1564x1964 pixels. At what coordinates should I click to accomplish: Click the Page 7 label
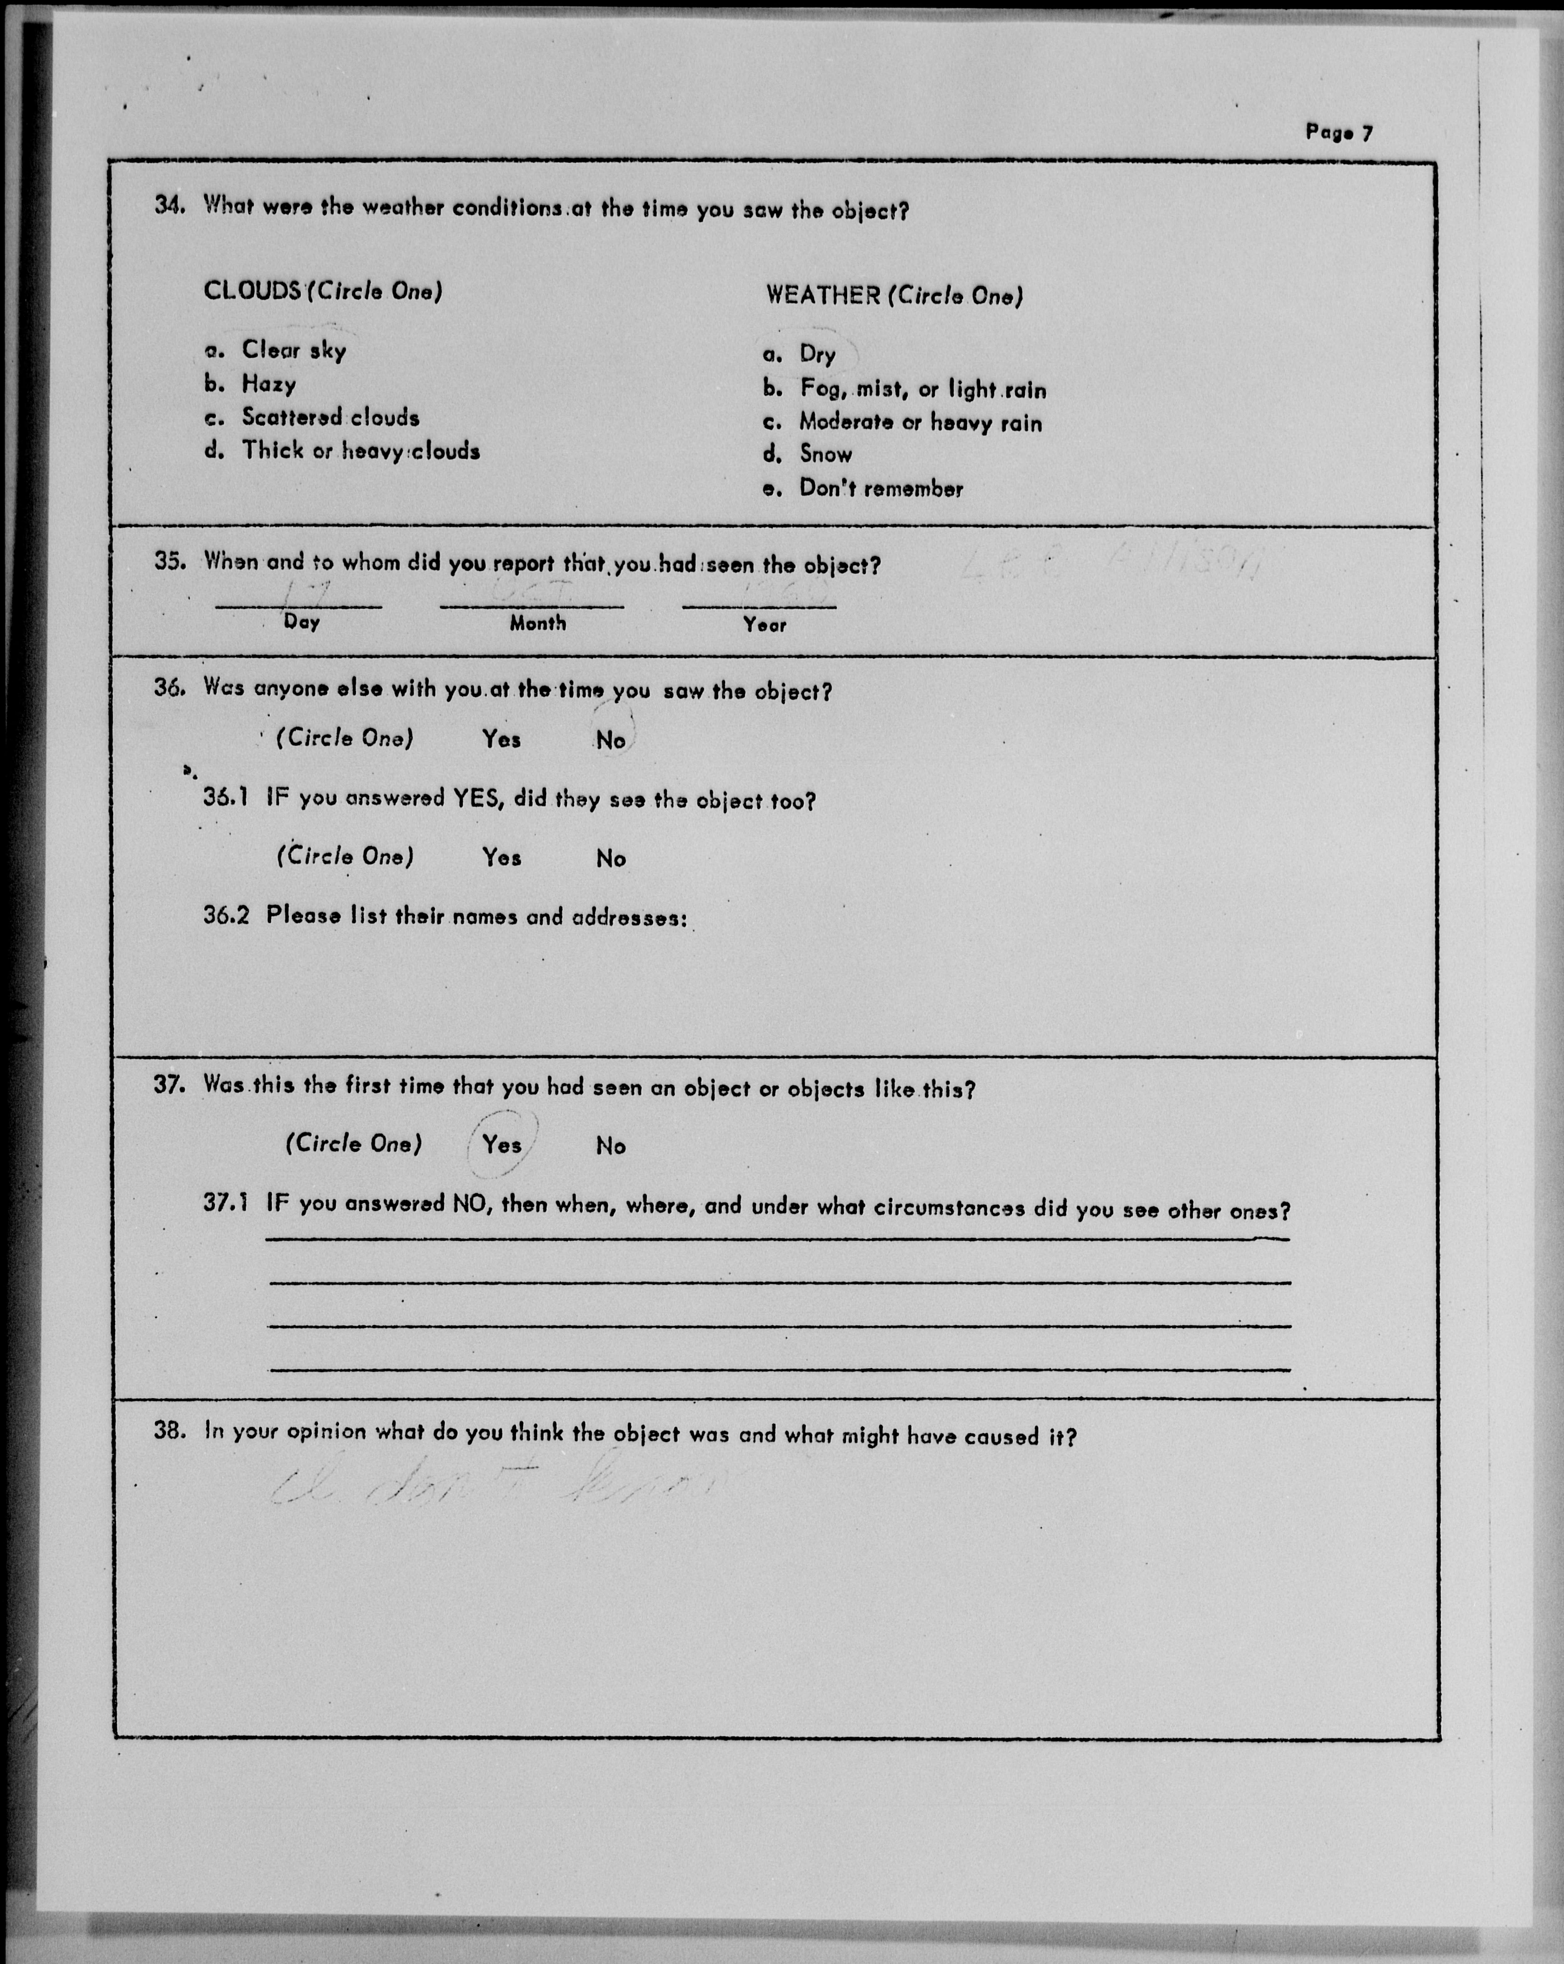(x=1338, y=133)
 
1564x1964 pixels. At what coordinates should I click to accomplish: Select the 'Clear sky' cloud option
(x=293, y=350)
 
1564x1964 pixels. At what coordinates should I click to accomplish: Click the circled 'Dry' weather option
(x=817, y=354)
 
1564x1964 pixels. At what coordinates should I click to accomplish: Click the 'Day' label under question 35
(x=302, y=623)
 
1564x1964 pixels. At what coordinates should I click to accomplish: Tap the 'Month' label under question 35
(x=537, y=624)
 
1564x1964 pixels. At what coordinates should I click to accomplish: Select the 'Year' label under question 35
(x=764, y=625)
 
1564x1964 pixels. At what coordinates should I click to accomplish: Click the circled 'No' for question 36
(x=610, y=740)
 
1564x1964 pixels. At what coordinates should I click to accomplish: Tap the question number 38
(x=169, y=1431)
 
